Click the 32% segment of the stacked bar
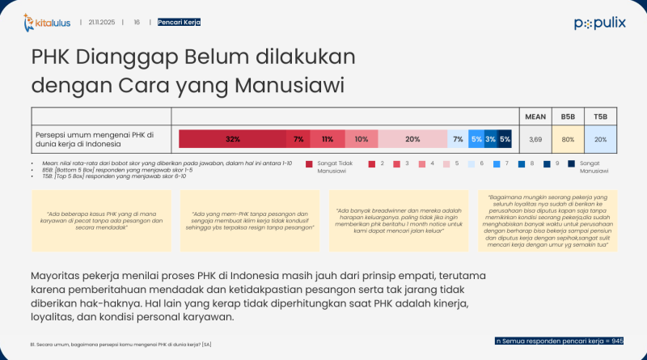point(233,139)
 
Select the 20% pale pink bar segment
point(412,139)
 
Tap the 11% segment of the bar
point(328,139)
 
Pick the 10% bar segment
point(362,139)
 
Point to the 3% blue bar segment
point(490,139)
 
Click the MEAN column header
point(535,116)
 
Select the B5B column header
point(568,116)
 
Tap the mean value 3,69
point(535,139)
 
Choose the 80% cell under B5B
point(568,139)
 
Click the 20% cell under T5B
point(600,139)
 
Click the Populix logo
point(599,23)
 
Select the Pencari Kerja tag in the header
point(180,23)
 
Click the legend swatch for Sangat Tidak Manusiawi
point(310,163)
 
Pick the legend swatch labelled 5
point(458,163)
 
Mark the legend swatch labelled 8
point(524,163)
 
